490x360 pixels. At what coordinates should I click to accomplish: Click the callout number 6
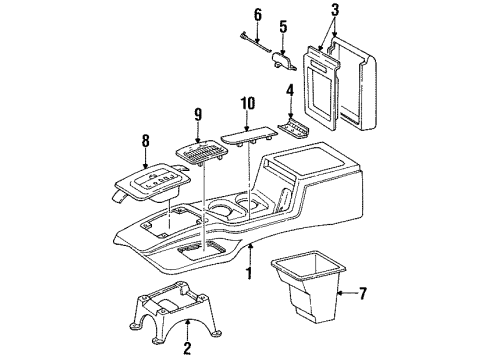pos(257,14)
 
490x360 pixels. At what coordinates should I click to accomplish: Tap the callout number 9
pos(198,113)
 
